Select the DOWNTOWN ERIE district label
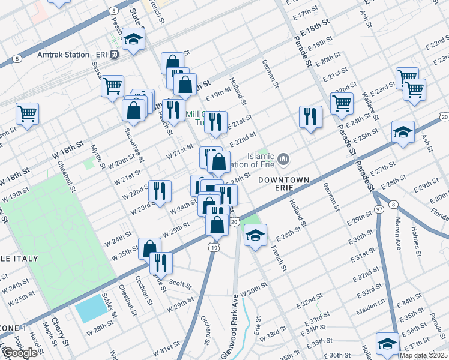tap(284, 180)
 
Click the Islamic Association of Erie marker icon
tap(284, 159)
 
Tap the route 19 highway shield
tap(213, 247)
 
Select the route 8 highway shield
tap(393, 205)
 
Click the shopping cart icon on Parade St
tap(342, 102)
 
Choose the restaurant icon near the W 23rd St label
tap(159, 191)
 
